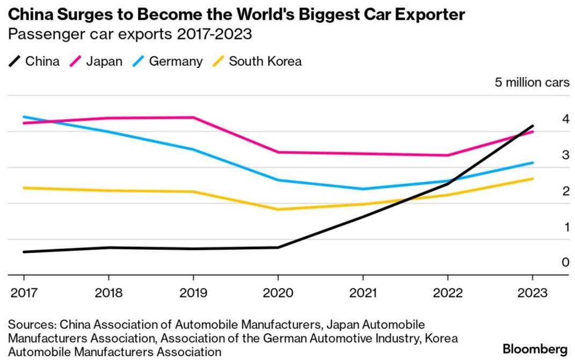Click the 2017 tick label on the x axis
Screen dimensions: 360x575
24,293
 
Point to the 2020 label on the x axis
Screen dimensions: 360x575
278,293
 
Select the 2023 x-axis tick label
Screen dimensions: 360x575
532,293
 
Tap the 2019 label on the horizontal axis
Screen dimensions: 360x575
193,293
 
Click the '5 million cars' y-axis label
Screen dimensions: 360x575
532,83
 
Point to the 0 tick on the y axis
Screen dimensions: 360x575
550,262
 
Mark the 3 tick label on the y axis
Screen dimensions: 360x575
550,155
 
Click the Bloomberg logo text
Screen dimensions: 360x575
535,349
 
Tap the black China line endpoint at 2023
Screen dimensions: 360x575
532,126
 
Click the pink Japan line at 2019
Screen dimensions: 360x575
193,117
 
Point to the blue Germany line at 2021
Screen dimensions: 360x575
363,189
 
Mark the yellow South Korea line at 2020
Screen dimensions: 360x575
278,209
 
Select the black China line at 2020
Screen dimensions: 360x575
278,247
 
